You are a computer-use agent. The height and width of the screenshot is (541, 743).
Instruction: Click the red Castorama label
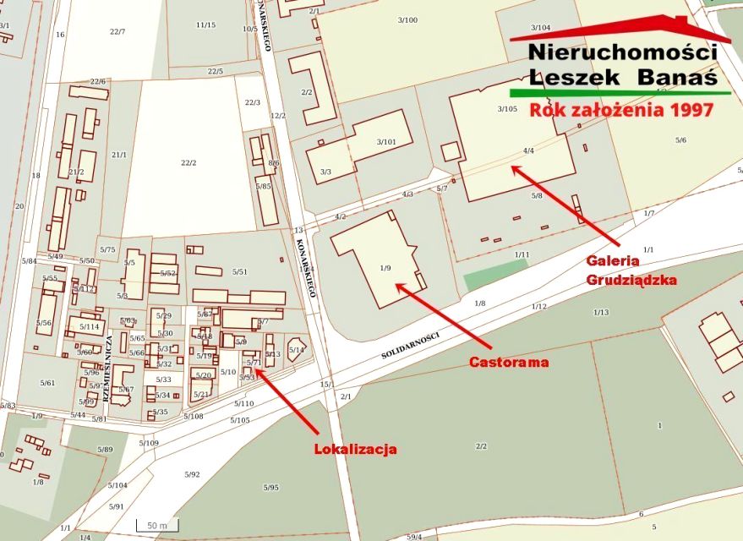[x=509, y=363]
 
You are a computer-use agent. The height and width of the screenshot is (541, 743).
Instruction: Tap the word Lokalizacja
[x=355, y=449]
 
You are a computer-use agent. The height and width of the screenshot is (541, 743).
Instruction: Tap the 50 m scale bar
[x=156, y=526]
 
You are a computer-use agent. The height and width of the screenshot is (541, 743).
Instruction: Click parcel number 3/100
[x=407, y=19]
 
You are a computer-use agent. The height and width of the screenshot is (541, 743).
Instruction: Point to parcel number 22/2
[x=188, y=162]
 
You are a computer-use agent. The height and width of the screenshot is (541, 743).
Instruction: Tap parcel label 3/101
[x=386, y=141]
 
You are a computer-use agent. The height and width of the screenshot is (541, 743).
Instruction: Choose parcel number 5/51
[x=239, y=271]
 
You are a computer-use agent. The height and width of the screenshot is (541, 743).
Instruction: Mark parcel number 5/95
[x=270, y=488]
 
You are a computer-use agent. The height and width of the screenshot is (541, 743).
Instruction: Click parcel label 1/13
[x=600, y=312]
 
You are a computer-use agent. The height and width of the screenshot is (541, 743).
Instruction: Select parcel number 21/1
[x=119, y=155]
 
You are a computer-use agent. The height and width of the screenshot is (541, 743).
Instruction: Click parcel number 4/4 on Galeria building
[x=528, y=150]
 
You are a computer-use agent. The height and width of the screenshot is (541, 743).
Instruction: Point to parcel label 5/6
[x=680, y=139]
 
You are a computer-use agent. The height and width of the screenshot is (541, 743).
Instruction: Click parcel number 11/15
[x=205, y=25]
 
